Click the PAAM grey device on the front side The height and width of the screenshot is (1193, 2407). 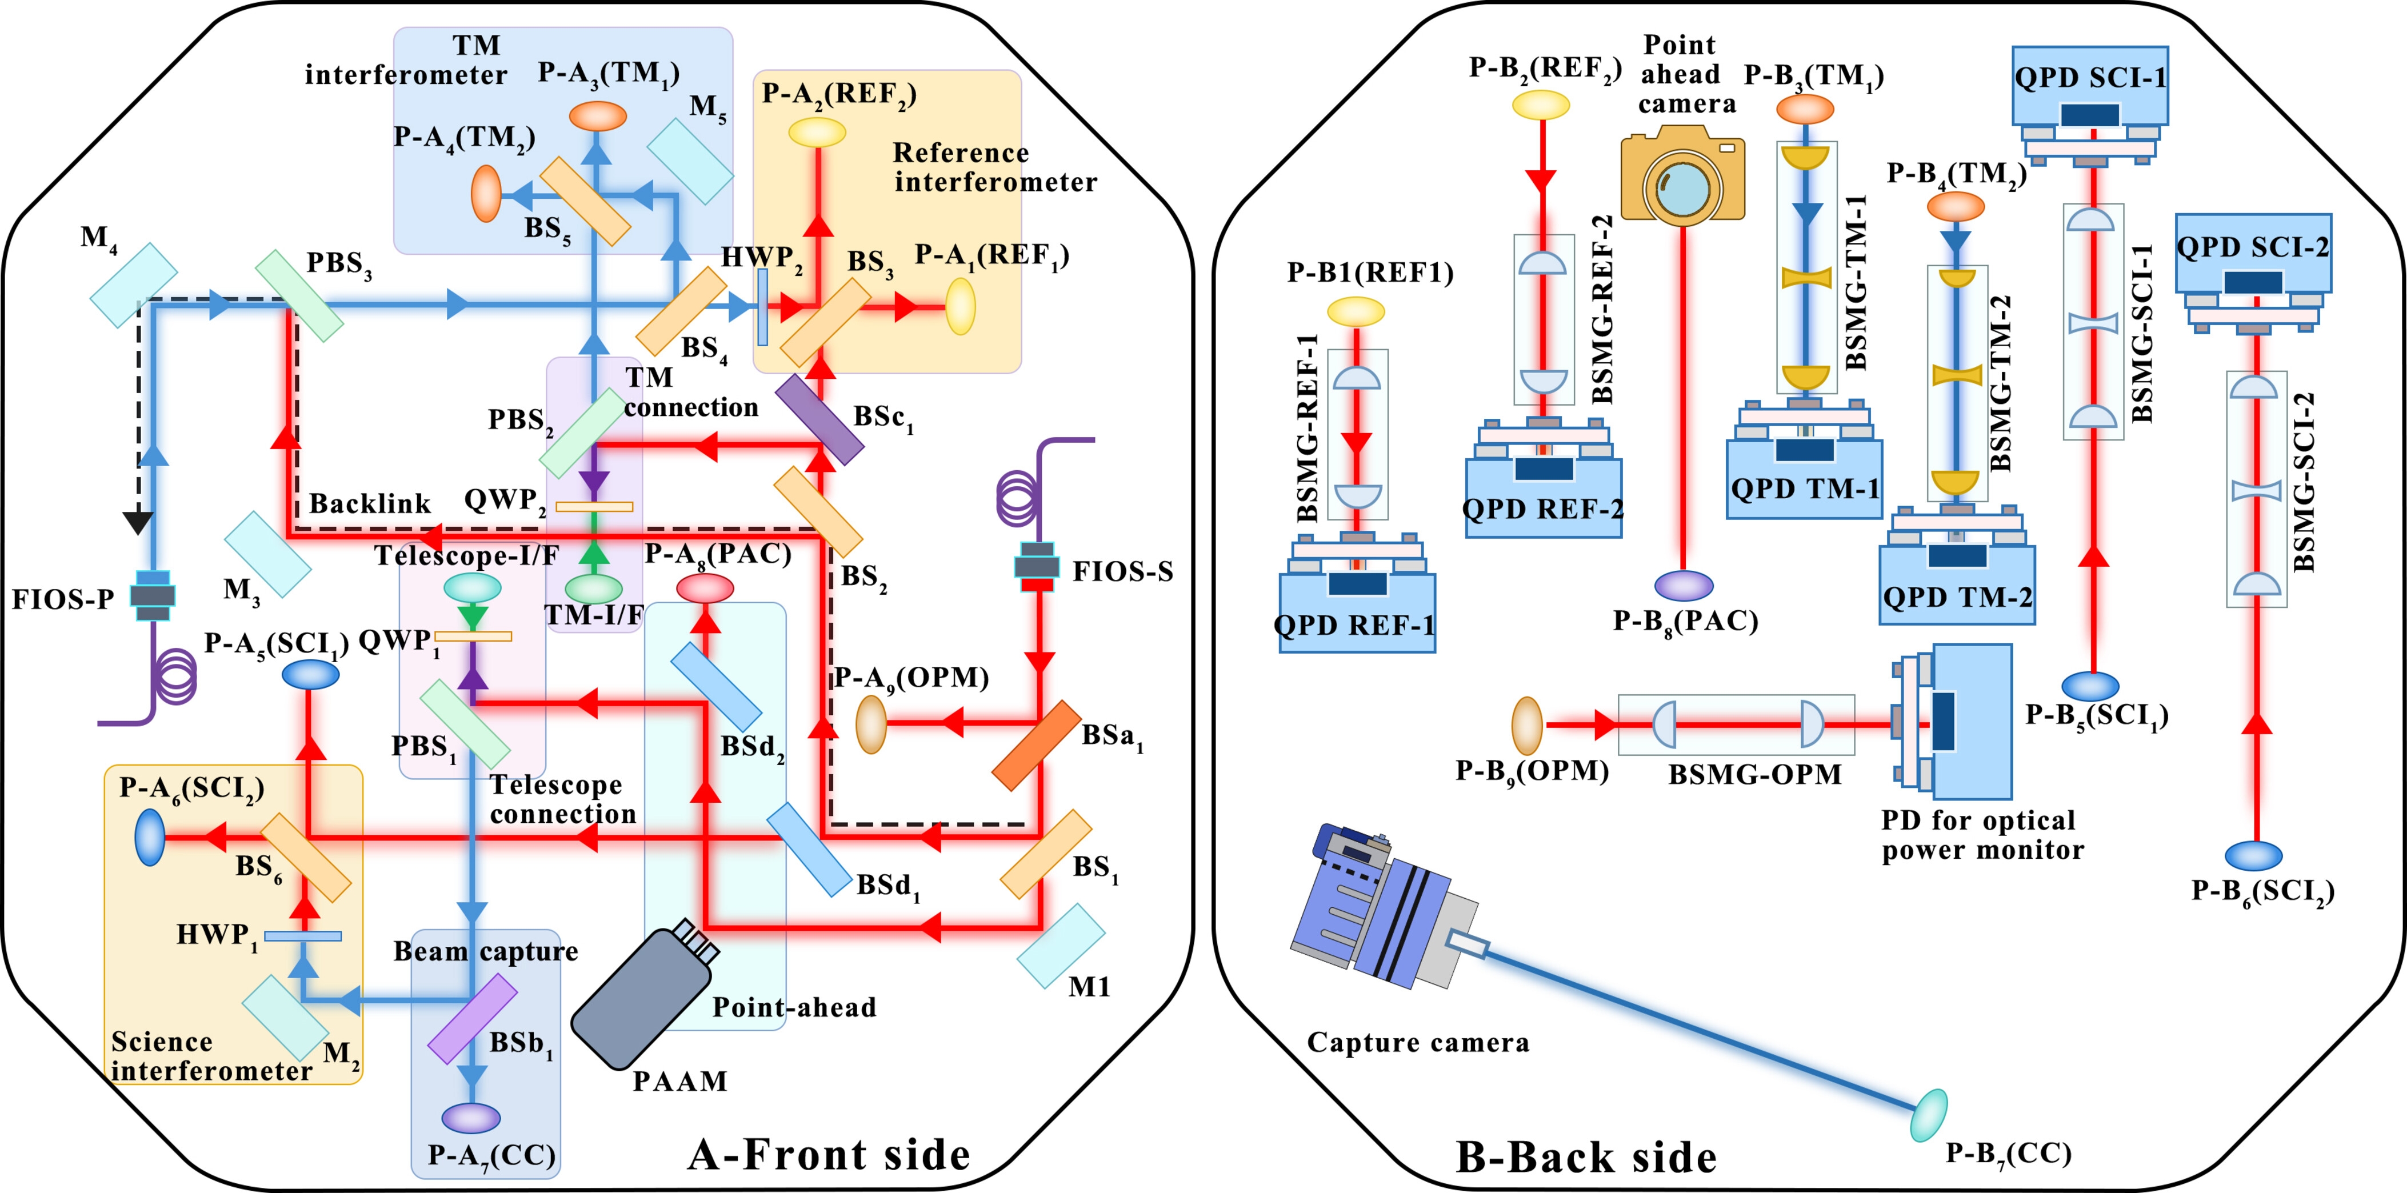coord(645,995)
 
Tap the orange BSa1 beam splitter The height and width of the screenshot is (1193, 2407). coord(1036,746)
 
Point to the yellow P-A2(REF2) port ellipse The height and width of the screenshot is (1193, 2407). coord(817,133)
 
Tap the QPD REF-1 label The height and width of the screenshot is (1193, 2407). coord(1355,625)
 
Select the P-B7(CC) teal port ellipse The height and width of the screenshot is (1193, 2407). coord(1928,1115)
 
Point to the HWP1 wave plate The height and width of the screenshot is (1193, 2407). coord(303,936)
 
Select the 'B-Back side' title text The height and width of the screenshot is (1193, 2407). coord(1586,1156)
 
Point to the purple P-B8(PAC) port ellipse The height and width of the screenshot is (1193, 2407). coord(1684,586)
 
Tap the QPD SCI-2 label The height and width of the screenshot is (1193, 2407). coord(2253,247)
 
